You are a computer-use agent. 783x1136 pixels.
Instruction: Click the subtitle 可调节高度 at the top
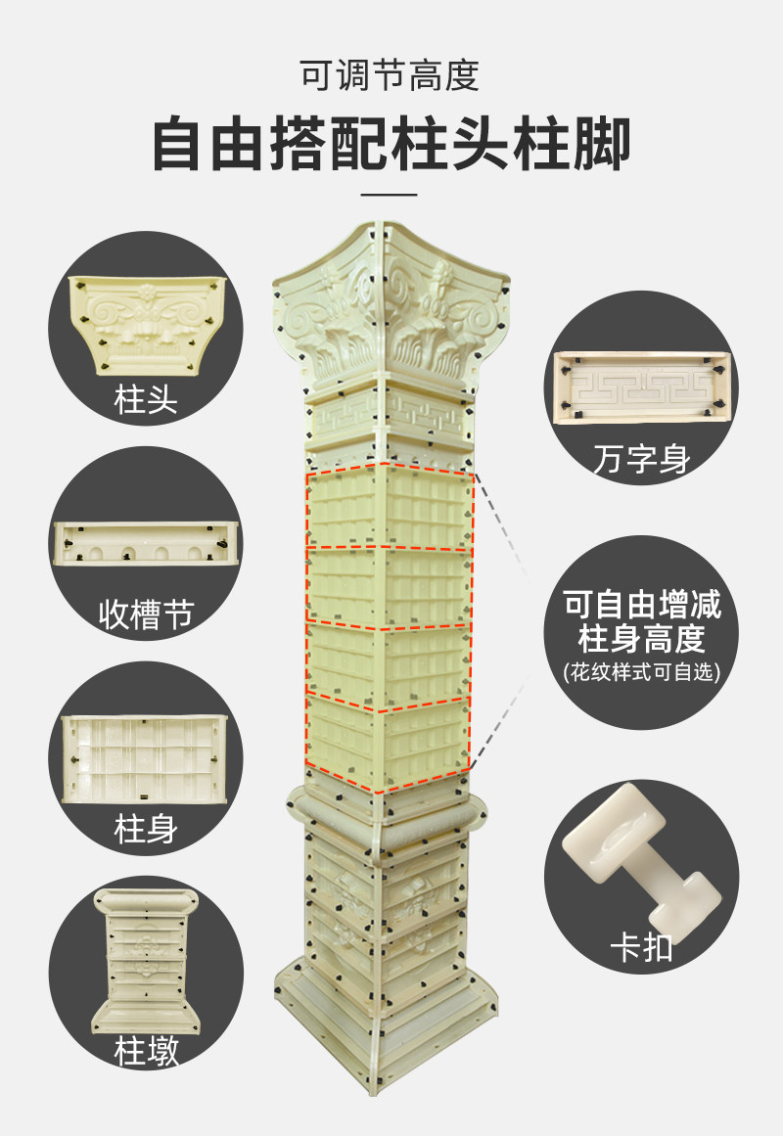tap(391, 75)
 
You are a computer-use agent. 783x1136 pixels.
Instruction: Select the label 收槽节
tap(146, 614)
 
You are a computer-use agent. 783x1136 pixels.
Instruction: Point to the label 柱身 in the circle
tap(146, 830)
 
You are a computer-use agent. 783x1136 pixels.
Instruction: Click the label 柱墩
tap(146, 1051)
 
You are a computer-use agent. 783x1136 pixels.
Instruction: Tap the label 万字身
tap(641, 459)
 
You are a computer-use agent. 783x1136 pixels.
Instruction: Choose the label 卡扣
tap(641, 947)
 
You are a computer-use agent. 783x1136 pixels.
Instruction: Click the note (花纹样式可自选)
tap(641, 672)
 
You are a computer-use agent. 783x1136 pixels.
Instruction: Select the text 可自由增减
tap(641, 604)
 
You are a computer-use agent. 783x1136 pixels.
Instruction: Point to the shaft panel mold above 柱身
tap(145, 757)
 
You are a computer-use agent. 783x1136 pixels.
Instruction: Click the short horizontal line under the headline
tap(391, 194)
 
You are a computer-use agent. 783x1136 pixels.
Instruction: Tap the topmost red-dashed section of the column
tap(391, 507)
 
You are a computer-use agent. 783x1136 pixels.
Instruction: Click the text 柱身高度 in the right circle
tap(641, 639)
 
